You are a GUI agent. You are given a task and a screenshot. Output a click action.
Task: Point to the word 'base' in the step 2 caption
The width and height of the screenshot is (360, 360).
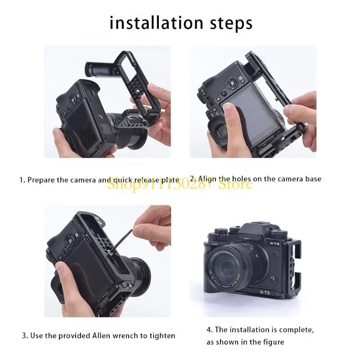coord(313,179)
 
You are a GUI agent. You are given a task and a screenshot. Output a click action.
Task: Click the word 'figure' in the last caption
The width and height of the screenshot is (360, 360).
coord(272,342)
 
